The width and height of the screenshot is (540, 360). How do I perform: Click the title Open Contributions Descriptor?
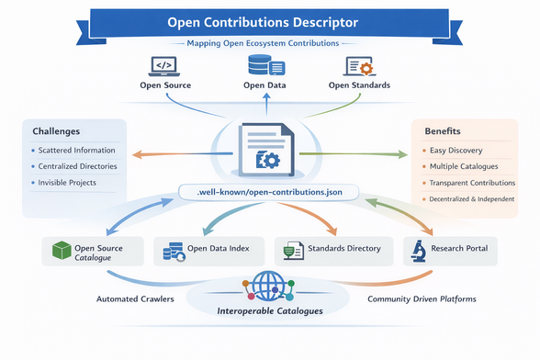(270, 20)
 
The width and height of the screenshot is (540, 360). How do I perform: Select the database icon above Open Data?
(265, 66)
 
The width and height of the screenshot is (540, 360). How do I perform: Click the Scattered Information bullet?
(77, 150)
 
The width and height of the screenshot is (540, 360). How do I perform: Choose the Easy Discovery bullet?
(456, 150)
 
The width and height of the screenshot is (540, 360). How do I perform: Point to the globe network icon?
(269, 285)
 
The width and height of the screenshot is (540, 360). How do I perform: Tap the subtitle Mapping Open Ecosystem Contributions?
(270, 43)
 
